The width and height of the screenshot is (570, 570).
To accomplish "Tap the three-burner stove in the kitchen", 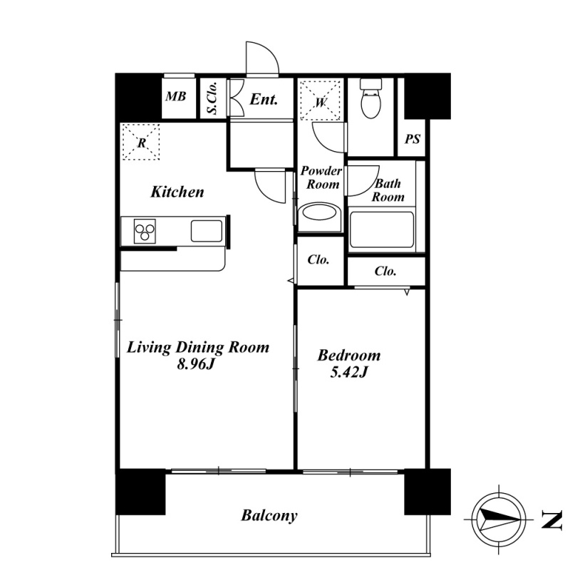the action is coord(145,231).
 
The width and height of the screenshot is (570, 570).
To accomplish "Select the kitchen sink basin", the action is coord(207,231).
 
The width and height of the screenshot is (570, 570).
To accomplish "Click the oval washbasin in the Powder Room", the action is coord(318,212).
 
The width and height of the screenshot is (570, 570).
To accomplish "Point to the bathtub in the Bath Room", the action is coord(382,229).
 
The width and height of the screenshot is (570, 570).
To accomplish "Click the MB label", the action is coord(176,96).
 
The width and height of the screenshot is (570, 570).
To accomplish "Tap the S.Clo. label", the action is coord(212,98).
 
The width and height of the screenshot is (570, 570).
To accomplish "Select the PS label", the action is coord(413,139).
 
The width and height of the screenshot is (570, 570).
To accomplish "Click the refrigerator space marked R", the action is coord(141,142).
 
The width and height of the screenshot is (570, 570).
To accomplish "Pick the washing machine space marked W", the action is coord(321,100).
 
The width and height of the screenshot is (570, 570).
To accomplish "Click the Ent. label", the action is coord(264,99).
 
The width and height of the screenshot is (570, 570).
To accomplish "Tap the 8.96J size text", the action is coord(195,363).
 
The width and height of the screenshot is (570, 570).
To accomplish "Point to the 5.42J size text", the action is coord(349,372).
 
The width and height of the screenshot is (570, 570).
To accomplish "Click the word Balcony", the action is coord(269,515).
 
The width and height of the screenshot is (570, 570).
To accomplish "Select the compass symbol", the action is coord(499,519).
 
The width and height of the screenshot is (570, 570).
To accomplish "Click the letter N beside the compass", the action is coord(551,519).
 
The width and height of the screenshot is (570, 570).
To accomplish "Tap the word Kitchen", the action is coord(177,192).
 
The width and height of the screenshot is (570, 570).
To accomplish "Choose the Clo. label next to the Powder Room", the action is coord(318,259).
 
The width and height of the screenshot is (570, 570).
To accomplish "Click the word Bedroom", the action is coord(349,355).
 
